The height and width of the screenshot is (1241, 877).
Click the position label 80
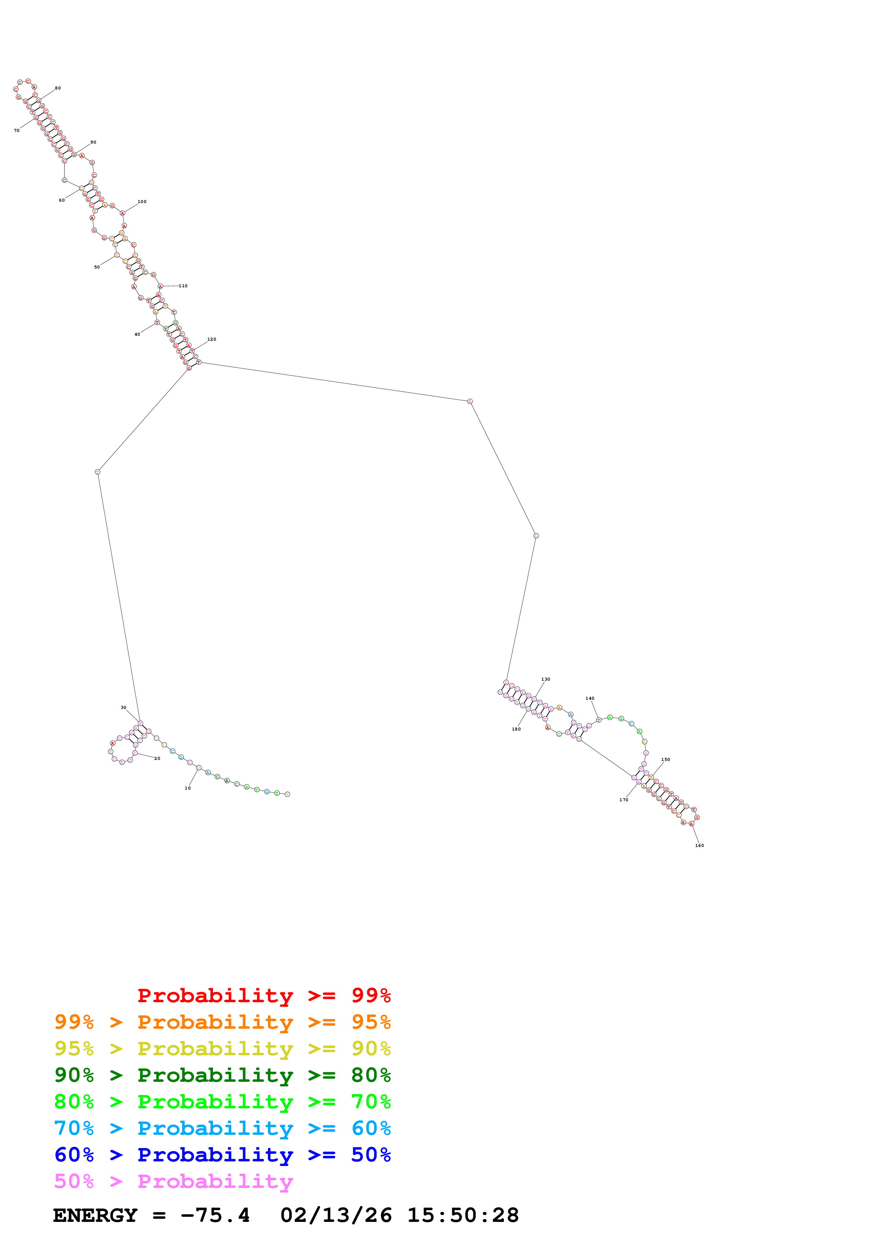58,88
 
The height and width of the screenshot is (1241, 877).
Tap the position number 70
17,130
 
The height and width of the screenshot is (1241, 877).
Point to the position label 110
183,286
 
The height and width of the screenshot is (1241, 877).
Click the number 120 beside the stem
212,340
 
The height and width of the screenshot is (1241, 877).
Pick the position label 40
137,335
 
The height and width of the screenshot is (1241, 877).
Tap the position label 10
187,788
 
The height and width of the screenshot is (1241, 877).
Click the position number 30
124,708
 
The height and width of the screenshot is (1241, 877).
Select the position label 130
546,680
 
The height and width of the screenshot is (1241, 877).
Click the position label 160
700,845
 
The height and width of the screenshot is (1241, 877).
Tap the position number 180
517,729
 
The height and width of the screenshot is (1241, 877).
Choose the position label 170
624,800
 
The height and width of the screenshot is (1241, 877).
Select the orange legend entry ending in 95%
223,1022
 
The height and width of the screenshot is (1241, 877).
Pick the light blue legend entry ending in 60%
223,1128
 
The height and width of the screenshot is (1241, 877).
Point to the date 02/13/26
336,1216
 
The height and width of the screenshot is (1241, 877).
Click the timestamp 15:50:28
463,1216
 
